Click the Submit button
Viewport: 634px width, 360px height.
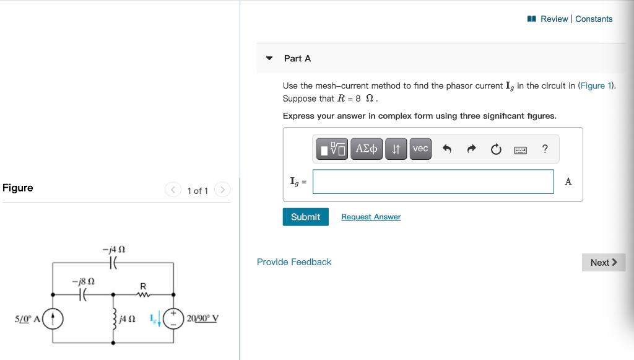pyautogui.click(x=305, y=217)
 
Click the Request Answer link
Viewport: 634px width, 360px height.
pyautogui.click(x=371, y=217)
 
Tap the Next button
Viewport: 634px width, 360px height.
pyautogui.click(x=603, y=262)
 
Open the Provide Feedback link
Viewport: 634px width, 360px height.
pyautogui.click(x=294, y=262)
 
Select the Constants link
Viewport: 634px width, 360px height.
pyautogui.click(x=594, y=19)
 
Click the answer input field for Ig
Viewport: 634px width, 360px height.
pyautogui.click(x=433, y=182)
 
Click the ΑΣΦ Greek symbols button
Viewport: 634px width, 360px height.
pyautogui.click(x=366, y=149)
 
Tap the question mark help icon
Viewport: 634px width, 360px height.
pyautogui.click(x=544, y=149)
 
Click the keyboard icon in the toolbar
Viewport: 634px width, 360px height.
pyautogui.click(x=521, y=149)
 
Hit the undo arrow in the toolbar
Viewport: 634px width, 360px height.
pyautogui.click(x=447, y=149)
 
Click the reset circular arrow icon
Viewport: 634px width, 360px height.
pyautogui.click(x=495, y=149)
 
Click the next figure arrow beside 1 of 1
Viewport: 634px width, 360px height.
pyautogui.click(x=222, y=190)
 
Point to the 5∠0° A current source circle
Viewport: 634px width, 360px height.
pyautogui.click(x=53, y=318)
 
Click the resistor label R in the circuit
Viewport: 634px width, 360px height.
pyautogui.click(x=143, y=286)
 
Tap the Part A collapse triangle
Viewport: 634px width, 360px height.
pyautogui.click(x=269, y=58)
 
